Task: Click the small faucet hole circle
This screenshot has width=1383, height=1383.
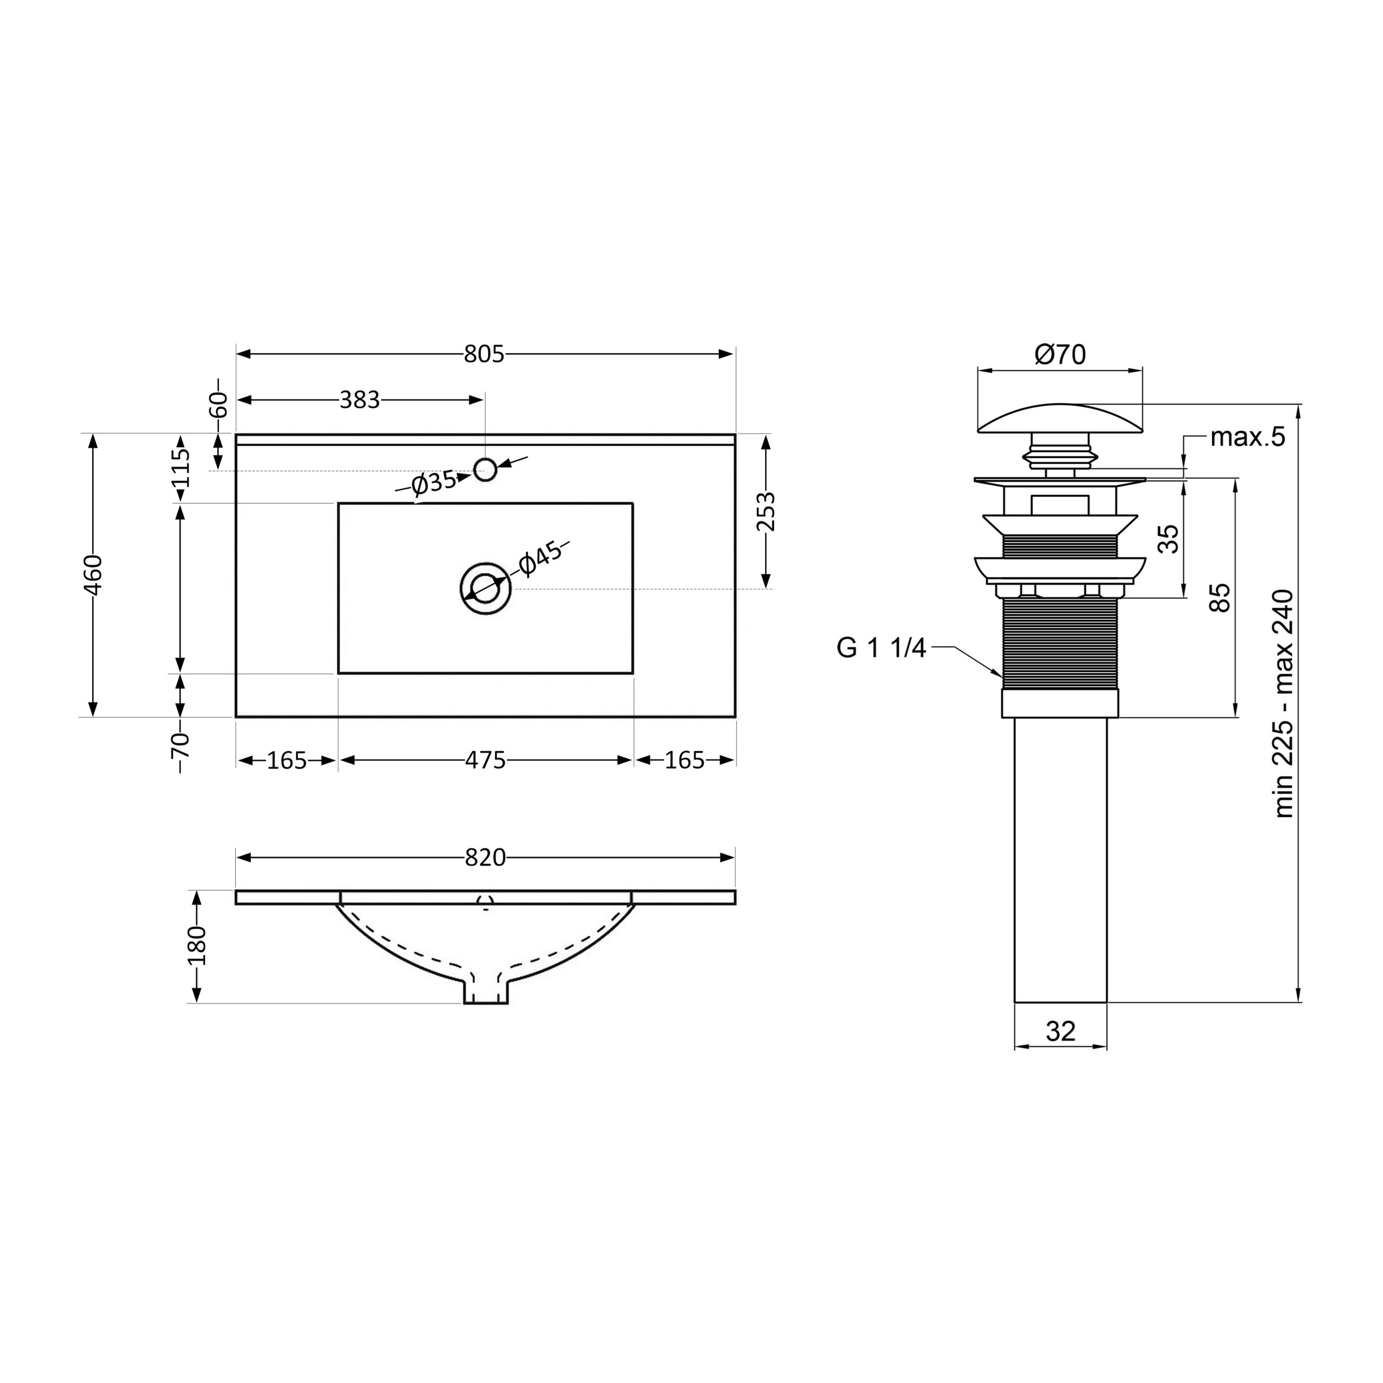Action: click(485, 470)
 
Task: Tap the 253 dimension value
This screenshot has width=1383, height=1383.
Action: click(766, 511)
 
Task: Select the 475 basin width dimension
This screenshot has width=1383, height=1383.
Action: click(485, 760)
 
